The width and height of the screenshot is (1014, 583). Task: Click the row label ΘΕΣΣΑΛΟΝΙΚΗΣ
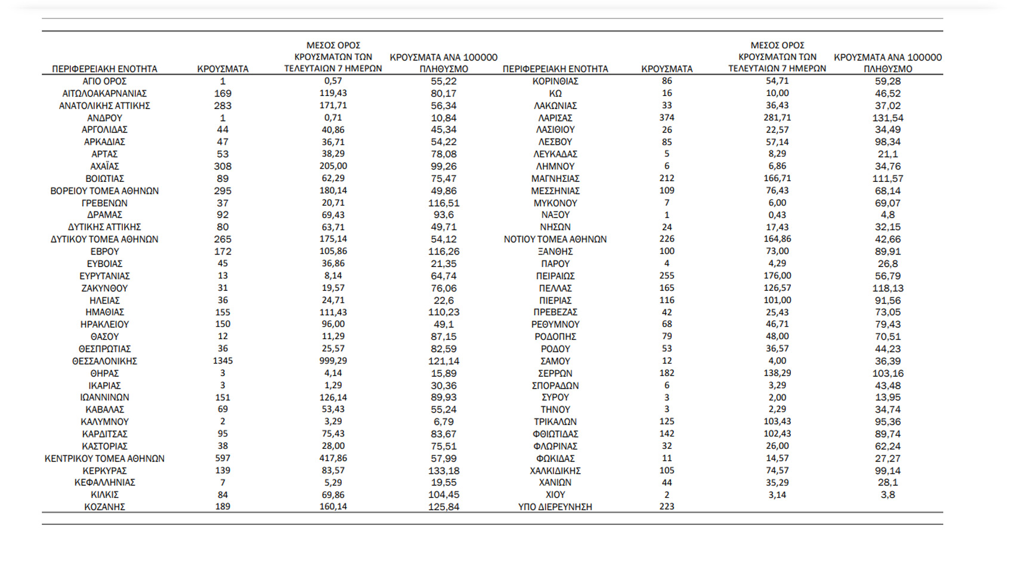click(104, 361)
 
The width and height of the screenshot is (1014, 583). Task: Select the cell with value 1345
click(222, 361)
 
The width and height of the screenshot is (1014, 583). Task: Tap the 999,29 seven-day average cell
click(333, 361)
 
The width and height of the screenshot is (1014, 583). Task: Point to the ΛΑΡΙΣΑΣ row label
click(555, 118)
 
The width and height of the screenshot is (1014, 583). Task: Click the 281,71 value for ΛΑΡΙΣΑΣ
click(777, 118)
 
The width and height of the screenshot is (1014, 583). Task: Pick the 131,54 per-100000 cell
click(888, 118)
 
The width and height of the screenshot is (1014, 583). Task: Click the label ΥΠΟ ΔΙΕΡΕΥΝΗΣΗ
click(555, 507)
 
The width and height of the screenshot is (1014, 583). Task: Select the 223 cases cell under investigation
click(666, 507)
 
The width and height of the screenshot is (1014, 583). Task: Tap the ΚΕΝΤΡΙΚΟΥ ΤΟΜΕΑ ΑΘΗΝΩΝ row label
click(104, 458)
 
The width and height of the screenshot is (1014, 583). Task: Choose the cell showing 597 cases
click(222, 458)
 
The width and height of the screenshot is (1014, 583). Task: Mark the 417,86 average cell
click(333, 458)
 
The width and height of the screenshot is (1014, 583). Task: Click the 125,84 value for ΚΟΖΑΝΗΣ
click(443, 507)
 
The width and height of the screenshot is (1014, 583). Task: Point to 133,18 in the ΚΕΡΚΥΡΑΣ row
click(443, 470)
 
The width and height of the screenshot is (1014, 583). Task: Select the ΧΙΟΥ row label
click(555, 495)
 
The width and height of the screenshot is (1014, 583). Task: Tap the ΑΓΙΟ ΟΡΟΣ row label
click(104, 81)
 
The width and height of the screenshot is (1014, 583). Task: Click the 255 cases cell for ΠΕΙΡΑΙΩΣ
click(666, 276)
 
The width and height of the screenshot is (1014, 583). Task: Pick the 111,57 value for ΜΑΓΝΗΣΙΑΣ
click(888, 179)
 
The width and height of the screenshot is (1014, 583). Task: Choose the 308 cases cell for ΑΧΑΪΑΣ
click(222, 166)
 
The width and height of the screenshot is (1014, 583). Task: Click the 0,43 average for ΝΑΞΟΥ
click(777, 215)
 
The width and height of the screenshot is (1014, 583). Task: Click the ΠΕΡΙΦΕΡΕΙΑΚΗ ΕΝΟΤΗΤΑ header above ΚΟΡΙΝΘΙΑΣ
click(555, 69)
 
